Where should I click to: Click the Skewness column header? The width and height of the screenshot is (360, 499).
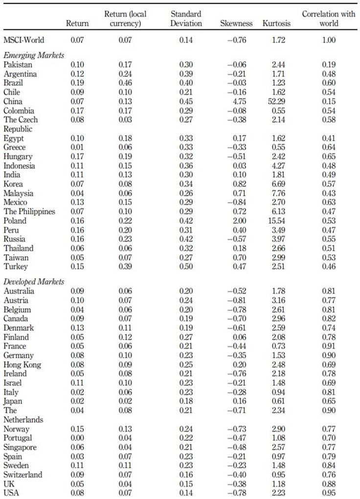[x=236, y=23]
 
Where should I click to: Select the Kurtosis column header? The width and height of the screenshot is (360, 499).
[x=276, y=23]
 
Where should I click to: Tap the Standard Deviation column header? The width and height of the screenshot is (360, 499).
[x=186, y=19]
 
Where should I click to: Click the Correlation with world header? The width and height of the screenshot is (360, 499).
[x=329, y=19]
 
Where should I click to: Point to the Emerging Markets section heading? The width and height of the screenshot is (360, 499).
[x=34, y=55]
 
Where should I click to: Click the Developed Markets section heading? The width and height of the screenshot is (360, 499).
[x=34, y=282]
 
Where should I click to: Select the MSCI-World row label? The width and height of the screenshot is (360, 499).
[x=24, y=40]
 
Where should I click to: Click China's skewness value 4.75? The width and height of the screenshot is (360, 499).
[x=239, y=102]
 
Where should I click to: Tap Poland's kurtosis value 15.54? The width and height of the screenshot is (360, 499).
[x=277, y=221]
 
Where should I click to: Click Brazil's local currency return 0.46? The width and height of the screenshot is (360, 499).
[x=125, y=83]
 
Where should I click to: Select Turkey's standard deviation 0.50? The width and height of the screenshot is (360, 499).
[x=186, y=267]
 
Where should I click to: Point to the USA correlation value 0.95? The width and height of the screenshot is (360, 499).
[x=329, y=493]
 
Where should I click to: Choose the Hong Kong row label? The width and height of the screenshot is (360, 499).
[x=22, y=364]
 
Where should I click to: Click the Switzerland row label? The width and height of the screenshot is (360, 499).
[x=23, y=475]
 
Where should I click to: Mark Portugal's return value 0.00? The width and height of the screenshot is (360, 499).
[x=77, y=438]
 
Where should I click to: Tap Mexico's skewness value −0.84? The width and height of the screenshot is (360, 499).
[x=237, y=203]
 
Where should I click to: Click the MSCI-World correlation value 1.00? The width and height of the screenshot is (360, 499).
[x=329, y=40]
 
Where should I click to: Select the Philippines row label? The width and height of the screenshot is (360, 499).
[x=29, y=212]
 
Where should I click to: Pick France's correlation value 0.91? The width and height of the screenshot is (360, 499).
[x=329, y=346]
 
